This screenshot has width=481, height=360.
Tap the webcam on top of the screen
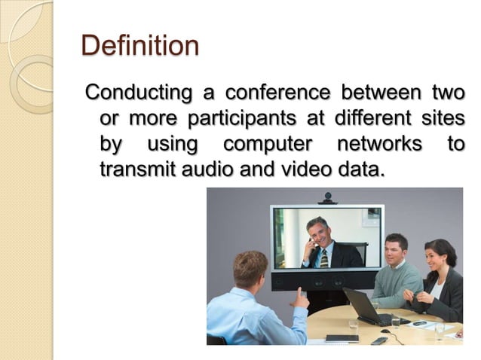click(x=327, y=198)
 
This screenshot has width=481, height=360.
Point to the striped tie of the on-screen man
click(x=324, y=258)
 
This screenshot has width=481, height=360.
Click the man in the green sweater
click(x=395, y=275)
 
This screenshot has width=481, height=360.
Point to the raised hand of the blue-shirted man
click(x=300, y=297)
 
